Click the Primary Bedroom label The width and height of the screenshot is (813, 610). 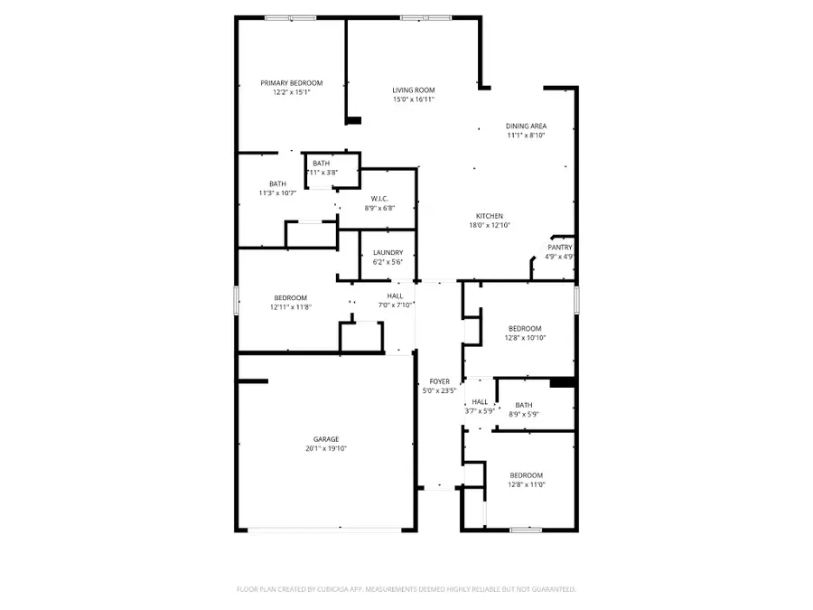point(291,83)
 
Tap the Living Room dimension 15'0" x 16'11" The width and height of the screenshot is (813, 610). point(414,99)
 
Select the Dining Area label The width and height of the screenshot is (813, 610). point(526,126)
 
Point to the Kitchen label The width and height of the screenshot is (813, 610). point(490,216)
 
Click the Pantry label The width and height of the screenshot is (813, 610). point(559,247)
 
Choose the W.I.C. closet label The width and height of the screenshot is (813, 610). point(379,199)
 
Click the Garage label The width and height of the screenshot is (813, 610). point(326,439)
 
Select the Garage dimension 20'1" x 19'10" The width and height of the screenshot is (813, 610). point(326,449)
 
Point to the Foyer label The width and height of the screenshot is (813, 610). point(439,381)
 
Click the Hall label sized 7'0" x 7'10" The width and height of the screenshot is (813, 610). point(396,296)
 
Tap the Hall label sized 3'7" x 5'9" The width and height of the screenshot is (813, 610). point(480,402)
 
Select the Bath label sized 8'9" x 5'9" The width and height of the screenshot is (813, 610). point(524,405)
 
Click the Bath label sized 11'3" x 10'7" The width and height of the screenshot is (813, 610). point(277,183)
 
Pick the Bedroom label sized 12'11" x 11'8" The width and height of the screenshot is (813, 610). point(291,297)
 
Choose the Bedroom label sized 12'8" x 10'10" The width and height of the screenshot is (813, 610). point(525,328)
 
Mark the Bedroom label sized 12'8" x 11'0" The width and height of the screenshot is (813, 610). point(526,475)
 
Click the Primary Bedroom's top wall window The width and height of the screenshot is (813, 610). point(291,17)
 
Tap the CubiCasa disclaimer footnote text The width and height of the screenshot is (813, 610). point(406,589)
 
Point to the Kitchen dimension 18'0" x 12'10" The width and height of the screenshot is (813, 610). point(490,226)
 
